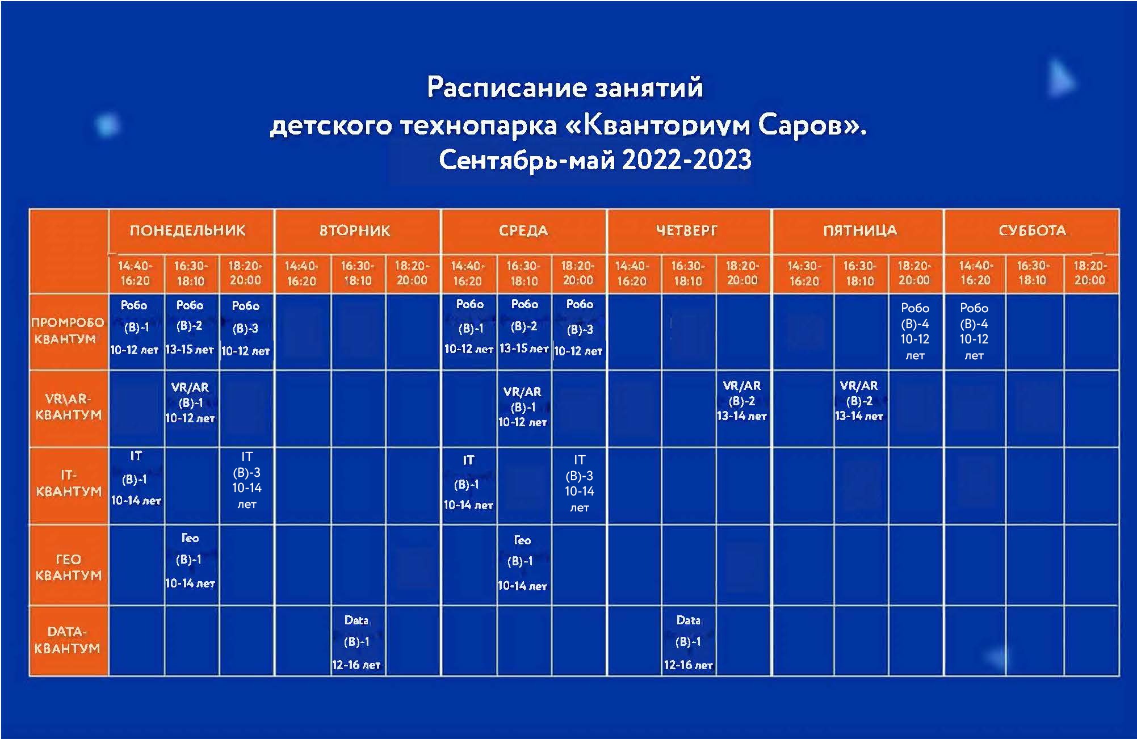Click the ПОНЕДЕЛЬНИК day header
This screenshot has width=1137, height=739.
coord(187,230)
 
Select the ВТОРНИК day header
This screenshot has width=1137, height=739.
coord(355,230)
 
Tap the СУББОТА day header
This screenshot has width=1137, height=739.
coord(1032,230)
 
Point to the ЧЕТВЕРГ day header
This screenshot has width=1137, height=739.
coord(687,230)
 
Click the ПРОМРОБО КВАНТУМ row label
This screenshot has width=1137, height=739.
coord(68,330)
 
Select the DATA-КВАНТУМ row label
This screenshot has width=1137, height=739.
coord(68,640)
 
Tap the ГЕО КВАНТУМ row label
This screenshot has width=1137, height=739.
coord(68,567)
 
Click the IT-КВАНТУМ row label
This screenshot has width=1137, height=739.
coord(68,483)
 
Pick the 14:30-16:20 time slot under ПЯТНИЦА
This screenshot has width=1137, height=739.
coord(804,273)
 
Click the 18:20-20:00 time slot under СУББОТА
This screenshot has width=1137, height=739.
coord(1090,273)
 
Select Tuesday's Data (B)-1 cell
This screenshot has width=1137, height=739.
coord(356,643)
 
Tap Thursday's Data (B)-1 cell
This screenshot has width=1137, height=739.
coord(688,643)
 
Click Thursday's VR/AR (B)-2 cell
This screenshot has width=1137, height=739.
coord(741,401)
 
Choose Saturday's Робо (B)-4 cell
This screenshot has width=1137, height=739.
coord(974,331)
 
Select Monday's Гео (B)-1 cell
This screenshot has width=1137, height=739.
coord(190,560)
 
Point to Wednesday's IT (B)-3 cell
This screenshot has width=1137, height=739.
coord(579,484)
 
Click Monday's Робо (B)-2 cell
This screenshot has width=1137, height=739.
coord(189,327)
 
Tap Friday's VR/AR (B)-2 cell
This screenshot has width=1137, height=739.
coord(859,401)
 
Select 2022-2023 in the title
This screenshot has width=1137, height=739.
coord(687,159)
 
